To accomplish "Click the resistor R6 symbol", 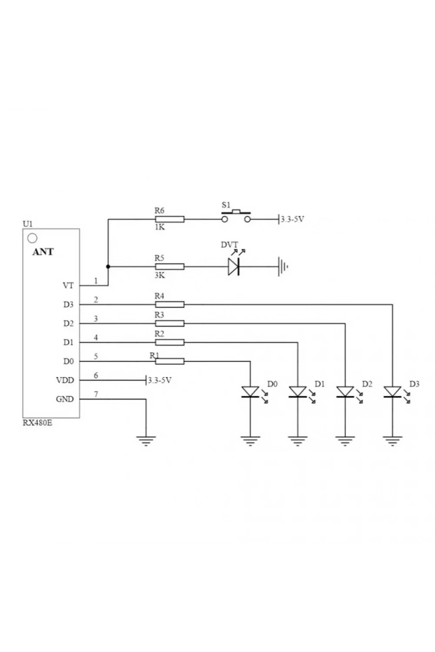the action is tap(170, 219).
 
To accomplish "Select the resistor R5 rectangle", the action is tap(170, 266).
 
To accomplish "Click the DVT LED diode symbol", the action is tap(234, 266).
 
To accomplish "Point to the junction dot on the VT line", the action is tap(108, 266).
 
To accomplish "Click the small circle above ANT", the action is tap(32, 238).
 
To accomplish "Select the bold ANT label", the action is tap(43, 252).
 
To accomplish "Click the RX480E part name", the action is tap(37, 423).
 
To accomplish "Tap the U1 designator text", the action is tap(28, 224).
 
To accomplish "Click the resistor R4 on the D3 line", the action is tap(170, 304).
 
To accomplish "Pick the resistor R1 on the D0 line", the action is tap(170, 361).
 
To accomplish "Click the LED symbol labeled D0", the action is tap(250, 392).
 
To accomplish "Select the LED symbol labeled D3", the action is tap(392, 392).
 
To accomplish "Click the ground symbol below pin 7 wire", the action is tap(146, 441).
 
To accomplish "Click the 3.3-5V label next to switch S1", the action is tap(292, 219).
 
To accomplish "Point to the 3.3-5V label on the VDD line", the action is tap(160, 380).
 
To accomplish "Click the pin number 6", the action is tap(96, 376).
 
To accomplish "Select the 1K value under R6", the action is tap(160, 227).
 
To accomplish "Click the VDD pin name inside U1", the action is tap(65, 380).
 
